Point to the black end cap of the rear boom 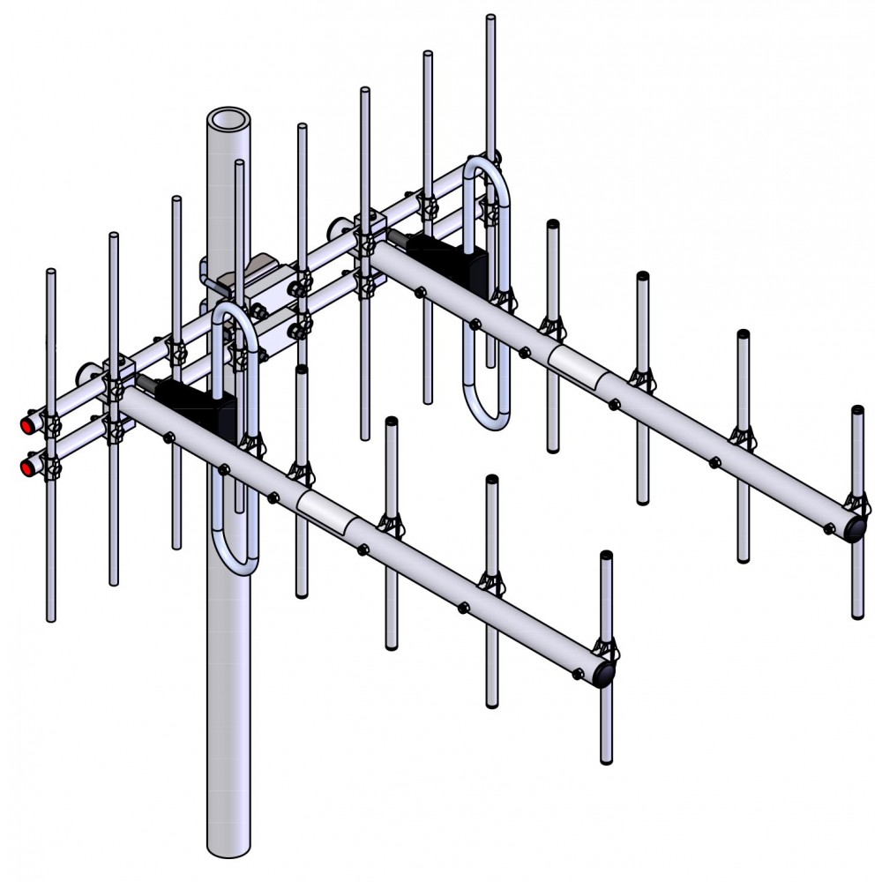[857, 527]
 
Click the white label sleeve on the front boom [326, 512]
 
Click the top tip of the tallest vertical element [490, 18]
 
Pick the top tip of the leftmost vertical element [51, 273]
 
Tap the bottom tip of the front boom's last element [607, 760]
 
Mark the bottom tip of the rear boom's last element [857, 615]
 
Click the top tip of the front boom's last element [606, 556]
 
